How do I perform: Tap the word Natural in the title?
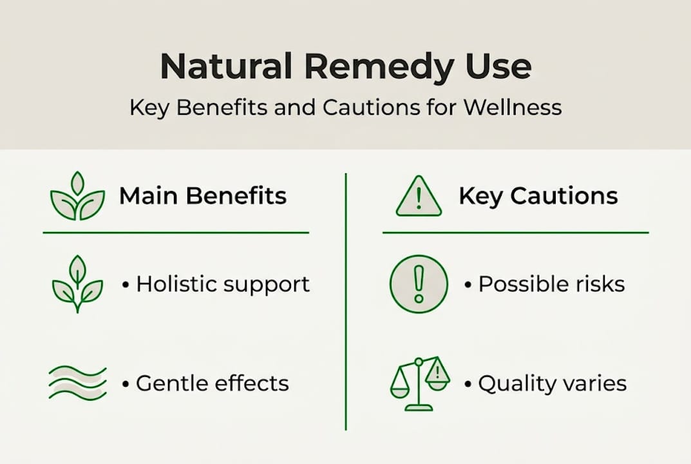coord(226,66)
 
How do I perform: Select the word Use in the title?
coord(498,66)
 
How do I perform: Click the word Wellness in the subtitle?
coord(513,107)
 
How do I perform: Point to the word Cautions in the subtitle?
coord(372,107)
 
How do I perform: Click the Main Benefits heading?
coord(203,196)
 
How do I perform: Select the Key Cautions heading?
coord(538,196)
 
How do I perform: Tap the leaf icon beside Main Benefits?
coord(77,197)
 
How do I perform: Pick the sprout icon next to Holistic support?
coord(77,284)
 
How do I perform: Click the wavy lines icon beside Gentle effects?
coord(77,382)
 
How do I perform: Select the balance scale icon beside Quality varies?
coord(419,383)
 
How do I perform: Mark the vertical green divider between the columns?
coord(346,302)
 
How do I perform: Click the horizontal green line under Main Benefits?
coord(176,233)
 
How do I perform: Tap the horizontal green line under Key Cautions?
coord(516,233)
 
